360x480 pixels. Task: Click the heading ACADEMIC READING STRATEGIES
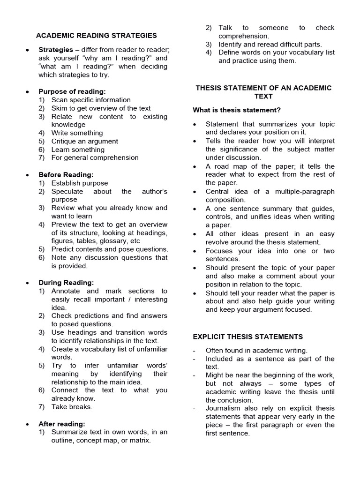click(97, 36)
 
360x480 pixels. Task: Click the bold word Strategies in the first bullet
click(56, 50)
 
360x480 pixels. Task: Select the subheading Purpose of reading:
click(72, 91)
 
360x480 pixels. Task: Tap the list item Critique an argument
click(84, 141)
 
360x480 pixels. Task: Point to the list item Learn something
click(78, 150)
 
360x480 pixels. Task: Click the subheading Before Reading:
click(66, 174)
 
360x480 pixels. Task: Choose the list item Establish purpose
click(80, 183)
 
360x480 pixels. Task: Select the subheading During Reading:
click(66, 283)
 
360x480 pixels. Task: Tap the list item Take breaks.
click(72, 407)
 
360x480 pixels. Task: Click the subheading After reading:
click(62, 424)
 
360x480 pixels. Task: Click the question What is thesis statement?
click(237, 110)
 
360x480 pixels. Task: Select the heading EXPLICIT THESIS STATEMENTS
click(248, 337)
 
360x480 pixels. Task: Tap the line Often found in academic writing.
click(256, 350)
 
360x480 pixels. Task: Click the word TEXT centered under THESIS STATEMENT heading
click(263, 96)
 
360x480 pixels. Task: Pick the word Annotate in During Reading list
click(65, 291)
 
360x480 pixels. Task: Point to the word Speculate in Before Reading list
click(67, 191)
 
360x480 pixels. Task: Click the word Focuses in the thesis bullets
click(219, 251)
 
